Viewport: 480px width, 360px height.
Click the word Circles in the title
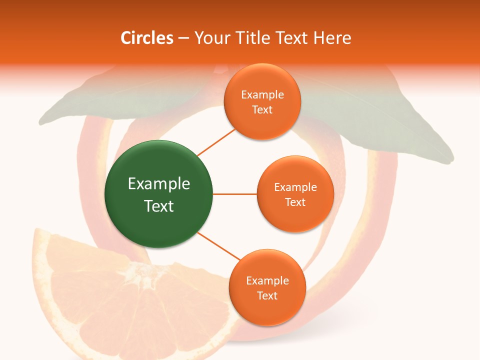click(146, 38)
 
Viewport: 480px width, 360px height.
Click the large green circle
click(159, 194)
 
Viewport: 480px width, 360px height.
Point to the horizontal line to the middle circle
click(235, 194)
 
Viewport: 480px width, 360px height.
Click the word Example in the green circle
click(159, 184)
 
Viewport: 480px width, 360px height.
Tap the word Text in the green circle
click(159, 206)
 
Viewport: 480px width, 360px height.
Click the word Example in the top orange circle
click(262, 95)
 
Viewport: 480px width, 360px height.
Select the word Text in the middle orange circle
click(295, 202)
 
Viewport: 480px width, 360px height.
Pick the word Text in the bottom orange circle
click(267, 296)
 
